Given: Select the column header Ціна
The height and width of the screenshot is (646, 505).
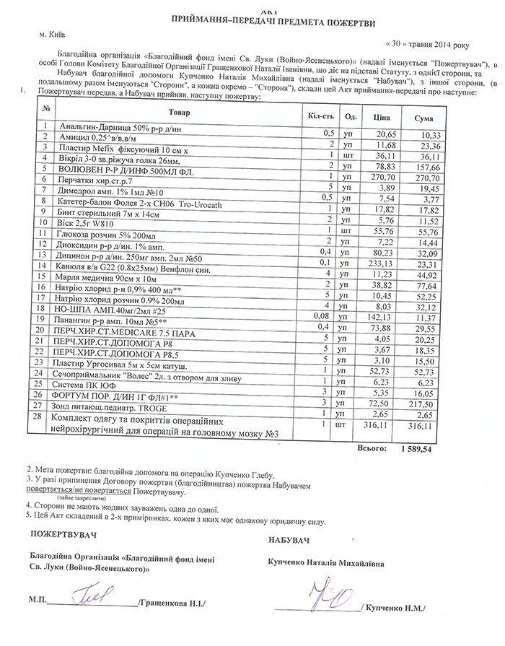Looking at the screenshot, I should pos(380,117).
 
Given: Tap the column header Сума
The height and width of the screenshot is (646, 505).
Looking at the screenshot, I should pos(424,118).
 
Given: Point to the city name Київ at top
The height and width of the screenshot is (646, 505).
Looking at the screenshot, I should pos(51,34).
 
